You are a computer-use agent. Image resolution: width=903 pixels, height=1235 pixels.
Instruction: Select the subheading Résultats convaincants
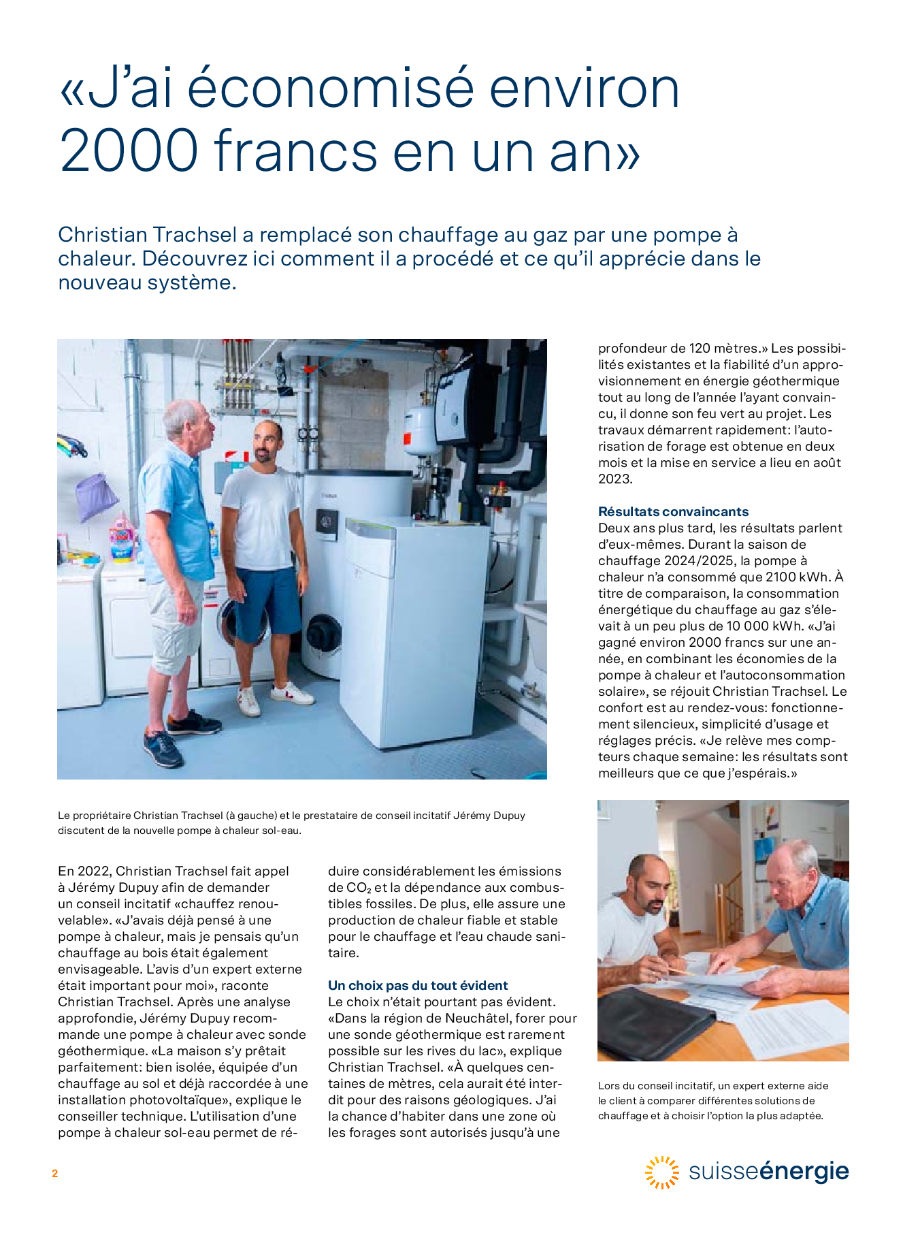coord(673,511)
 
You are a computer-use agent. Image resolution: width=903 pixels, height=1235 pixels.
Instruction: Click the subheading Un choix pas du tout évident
coord(418,985)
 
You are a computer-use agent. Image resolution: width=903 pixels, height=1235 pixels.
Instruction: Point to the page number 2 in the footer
coord(54,1173)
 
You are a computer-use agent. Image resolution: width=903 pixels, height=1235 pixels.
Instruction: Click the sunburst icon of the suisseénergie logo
coord(661,1172)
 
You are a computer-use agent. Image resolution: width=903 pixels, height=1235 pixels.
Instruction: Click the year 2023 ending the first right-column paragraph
coord(615,479)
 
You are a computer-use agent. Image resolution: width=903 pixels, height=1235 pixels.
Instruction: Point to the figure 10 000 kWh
coord(751,626)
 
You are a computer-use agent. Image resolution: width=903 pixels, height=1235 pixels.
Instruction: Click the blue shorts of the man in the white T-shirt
coord(265,599)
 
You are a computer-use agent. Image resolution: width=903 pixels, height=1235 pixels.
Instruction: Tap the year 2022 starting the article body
coord(94,871)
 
